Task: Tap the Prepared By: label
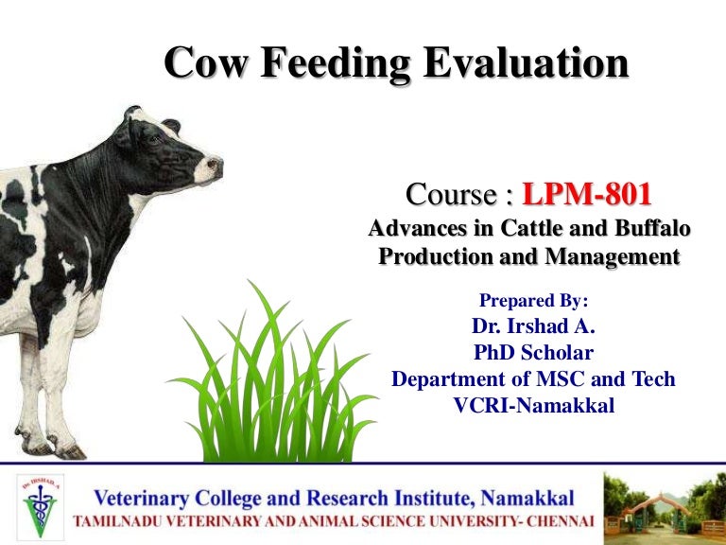click(x=534, y=301)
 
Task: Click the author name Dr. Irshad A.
click(x=533, y=327)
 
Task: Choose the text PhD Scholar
click(x=533, y=353)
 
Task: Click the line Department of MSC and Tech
click(x=533, y=379)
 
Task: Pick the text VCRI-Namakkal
click(x=533, y=405)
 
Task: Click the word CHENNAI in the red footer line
click(x=555, y=521)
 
